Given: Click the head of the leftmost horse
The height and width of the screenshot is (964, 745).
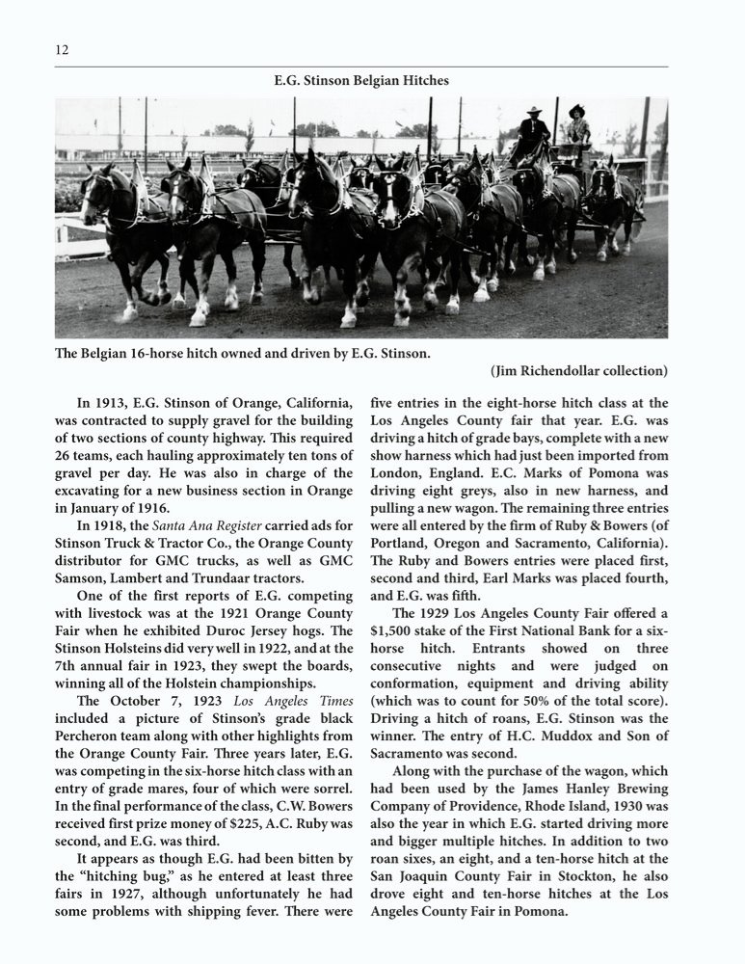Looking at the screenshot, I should tap(94, 186).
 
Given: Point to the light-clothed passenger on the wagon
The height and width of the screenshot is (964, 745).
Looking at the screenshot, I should tap(577, 127).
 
